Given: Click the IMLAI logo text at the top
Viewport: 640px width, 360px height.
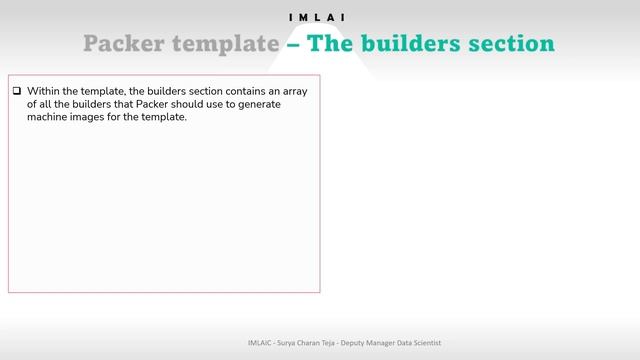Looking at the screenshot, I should tap(319, 17).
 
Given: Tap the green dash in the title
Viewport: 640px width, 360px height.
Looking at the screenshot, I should tap(293, 44).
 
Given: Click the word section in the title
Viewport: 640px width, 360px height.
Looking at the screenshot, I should tap(511, 44).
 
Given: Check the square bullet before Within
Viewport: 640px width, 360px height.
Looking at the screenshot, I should tap(17, 91).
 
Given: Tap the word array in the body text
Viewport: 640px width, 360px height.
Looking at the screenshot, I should tap(293, 91).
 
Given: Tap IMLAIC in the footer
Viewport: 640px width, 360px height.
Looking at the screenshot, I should tap(262, 342).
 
